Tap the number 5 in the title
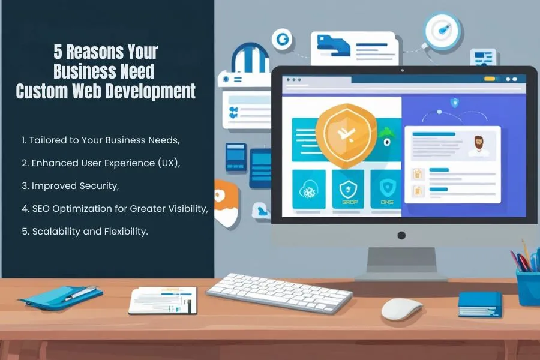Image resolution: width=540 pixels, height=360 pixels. pos(58,52)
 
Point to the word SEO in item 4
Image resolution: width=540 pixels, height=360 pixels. pos(41,208)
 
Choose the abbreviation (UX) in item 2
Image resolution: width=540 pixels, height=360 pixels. pos(169,163)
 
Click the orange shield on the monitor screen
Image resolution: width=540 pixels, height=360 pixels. pos(346,136)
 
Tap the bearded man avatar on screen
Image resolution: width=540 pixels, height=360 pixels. pos(479,146)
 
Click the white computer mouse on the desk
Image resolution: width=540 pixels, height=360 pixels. pos(401,308)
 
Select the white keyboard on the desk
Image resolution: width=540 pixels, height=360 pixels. pos(279,292)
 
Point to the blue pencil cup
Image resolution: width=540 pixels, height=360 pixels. pos(528,287)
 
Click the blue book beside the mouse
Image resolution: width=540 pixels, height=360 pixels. pos(480,304)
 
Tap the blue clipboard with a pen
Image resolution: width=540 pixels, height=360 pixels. pos(61,298)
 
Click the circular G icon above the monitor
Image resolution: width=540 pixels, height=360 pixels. pos(282,39)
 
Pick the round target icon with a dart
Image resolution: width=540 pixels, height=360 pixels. pos(443,31)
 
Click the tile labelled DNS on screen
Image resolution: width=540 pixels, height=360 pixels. pos(386,189)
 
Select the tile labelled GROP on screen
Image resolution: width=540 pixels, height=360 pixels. pos(348,189)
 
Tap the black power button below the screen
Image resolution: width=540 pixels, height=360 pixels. pos(401,235)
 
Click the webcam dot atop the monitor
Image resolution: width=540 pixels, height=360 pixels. pos(402,71)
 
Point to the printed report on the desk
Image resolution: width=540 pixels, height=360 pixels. pos(163,301)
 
